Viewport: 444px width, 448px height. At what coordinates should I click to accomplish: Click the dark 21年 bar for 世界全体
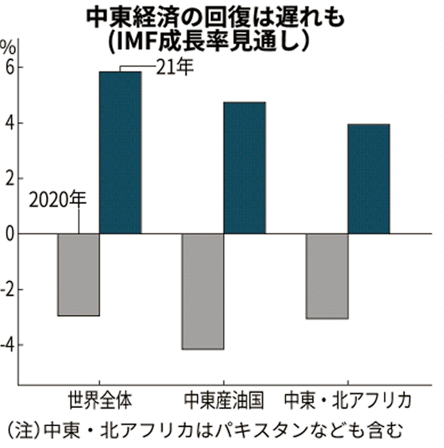pos(120,152)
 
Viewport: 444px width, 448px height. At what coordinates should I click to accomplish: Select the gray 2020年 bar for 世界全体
pos(79,274)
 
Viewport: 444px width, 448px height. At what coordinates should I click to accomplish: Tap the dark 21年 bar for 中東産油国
pos(244,168)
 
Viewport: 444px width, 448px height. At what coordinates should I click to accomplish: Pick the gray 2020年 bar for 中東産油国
pos(202,291)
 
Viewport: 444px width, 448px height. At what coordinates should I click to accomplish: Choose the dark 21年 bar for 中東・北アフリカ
pos(368,179)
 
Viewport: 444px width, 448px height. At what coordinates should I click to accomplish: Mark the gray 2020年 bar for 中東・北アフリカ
pos(327,276)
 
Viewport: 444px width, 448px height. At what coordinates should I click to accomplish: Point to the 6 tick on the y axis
pos(8,67)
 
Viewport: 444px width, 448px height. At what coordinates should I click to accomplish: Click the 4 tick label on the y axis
pos(8,123)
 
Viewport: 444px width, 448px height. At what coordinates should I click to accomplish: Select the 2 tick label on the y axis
pos(8,178)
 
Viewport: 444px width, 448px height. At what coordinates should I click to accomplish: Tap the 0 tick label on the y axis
pos(8,233)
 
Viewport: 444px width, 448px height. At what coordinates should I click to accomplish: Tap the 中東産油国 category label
pos(223,398)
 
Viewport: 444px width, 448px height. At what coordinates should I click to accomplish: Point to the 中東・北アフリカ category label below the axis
pos(348,398)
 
